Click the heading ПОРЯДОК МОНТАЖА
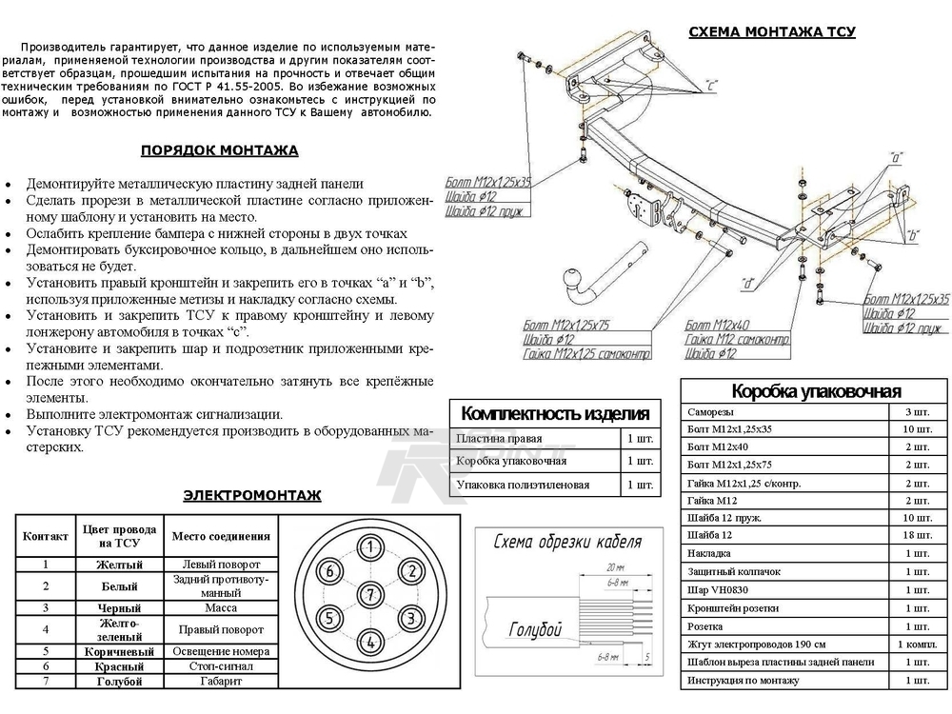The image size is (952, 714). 219,150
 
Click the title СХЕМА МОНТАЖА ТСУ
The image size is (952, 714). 771,32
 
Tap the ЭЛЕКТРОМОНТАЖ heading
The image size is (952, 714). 252,495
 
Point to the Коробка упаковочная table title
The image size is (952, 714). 816,391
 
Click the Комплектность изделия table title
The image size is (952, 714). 554,413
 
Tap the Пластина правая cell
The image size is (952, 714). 499,439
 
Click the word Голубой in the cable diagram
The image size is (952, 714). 534,630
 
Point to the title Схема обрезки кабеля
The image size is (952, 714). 566,543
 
